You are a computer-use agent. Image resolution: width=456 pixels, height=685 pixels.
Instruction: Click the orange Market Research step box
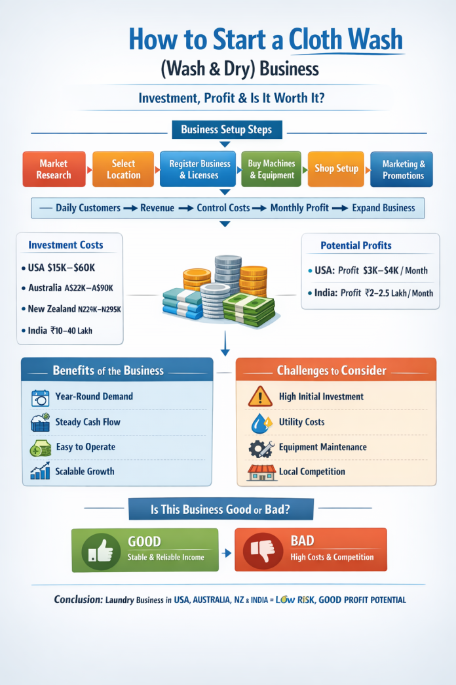[x=54, y=169]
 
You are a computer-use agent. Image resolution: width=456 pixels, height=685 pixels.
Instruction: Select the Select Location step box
[x=123, y=169]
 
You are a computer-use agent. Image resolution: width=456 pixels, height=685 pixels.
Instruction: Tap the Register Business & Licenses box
[x=199, y=169]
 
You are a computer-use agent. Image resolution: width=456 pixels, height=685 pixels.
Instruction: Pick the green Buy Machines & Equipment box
[x=271, y=169]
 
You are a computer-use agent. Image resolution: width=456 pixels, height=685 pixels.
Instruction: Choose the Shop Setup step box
[x=336, y=169]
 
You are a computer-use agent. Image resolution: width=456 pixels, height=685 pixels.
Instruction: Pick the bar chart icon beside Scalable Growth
[x=40, y=472]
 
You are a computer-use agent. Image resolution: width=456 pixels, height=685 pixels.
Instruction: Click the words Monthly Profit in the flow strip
[x=299, y=208]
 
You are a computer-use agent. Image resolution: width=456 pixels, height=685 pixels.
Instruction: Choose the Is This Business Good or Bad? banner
[x=221, y=509]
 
